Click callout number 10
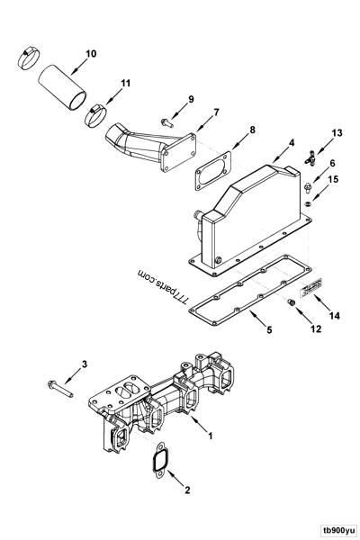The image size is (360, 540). coord(91,54)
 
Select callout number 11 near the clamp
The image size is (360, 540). coord(125,84)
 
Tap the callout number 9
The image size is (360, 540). coord(191,98)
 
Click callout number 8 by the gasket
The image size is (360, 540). coord(251,130)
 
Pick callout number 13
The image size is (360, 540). coord(312,133)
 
